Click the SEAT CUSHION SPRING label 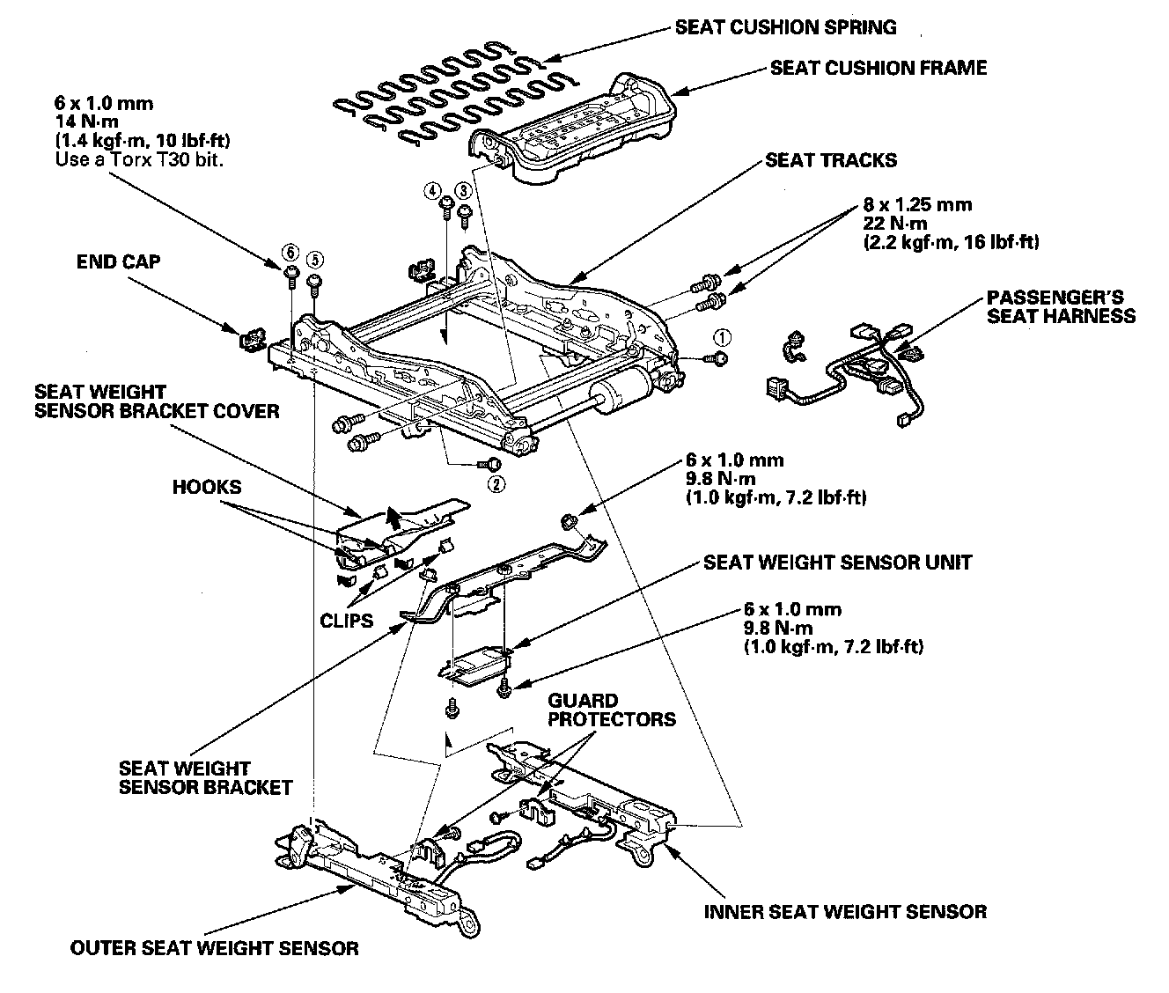(x=785, y=27)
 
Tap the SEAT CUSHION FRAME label (x=879, y=68)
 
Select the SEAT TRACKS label (x=831, y=160)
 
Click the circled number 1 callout (x=722, y=337)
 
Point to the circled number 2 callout (x=496, y=484)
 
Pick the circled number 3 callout (x=464, y=190)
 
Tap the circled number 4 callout (x=432, y=190)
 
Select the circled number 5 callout (x=315, y=260)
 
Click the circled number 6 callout (x=290, y=252)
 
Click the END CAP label (x=118, y=261)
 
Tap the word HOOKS (x=207, y=487)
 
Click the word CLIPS (x=346, y=621)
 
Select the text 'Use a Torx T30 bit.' (x=139, y=160)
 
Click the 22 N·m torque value (x=895, y=224)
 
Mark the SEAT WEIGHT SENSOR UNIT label (x=838, y=563)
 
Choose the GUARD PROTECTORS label (x=612, y=710)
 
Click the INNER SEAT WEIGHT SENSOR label (x=846, y=912)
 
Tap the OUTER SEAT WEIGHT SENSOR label (x=214, y=948)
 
